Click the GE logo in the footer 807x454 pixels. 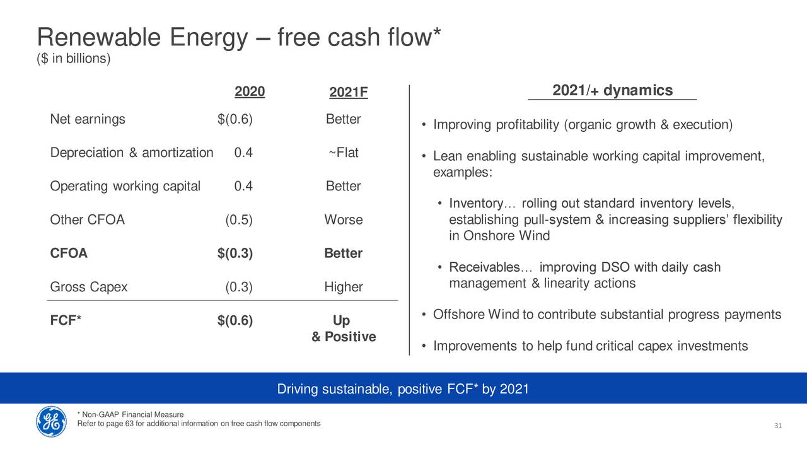(x=51, y=421)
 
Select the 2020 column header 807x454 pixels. (x=250, y=91)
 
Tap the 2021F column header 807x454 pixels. (x=349, y=92)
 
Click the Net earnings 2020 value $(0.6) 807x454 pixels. (x=235, y=119)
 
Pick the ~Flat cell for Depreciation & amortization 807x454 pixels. (x=344, y=153)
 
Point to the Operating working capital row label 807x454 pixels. (x=125, y=186)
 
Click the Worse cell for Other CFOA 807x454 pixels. (x=344, y=219)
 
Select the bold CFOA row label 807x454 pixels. (x=69, y=253)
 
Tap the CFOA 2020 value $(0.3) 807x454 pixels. (x=235, y=253)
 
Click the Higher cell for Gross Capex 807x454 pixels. (x=344, y=287)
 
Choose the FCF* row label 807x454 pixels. (x=66, y=320)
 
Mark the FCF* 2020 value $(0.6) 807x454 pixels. (x=235, y=320)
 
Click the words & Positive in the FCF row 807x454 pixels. (x=344, y=337)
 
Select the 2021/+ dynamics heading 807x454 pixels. (x=612, y=90)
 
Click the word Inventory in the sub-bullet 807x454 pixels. (x=476, y=203)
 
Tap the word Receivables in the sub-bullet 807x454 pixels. (x=484, y=267)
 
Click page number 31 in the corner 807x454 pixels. (x=778, y=426)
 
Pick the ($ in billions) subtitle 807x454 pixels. (x=74, y=59)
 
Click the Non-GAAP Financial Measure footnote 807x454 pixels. (x=131, y=414)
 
